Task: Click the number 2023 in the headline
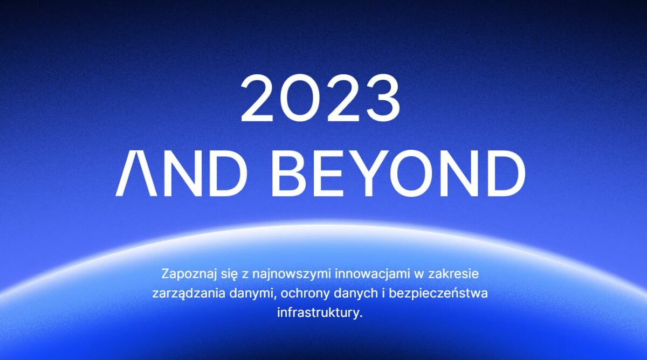(x=321, y=98)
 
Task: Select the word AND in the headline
(x=181, y=173)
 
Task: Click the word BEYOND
(x=398, y=173)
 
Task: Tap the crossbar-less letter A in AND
(x=136, y=173)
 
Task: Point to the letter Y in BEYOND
(x=371, y=173)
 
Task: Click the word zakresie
(x=453, y=274)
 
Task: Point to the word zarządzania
(x=189, y=294)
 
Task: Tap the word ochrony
(x=305, y=294)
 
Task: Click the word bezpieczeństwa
(x=438, y=293)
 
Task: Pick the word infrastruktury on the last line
(x=318, y=313)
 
